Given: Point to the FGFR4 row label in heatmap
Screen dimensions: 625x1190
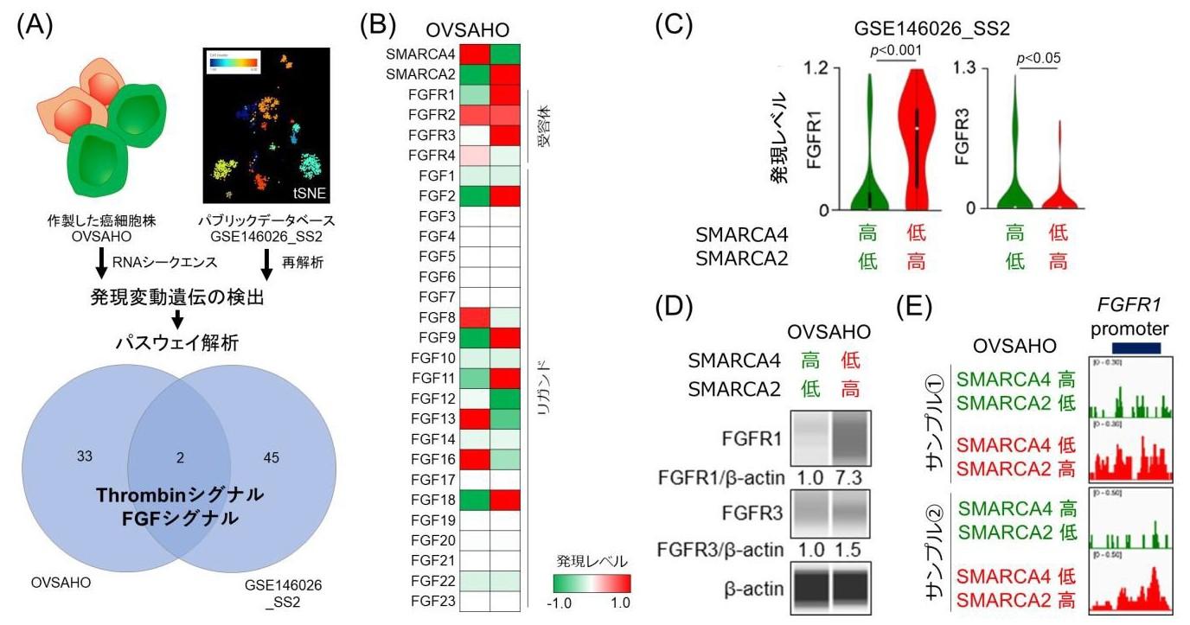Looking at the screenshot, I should click(433, 156).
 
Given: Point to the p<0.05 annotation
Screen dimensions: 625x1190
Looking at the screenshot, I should click(1038, 59).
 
